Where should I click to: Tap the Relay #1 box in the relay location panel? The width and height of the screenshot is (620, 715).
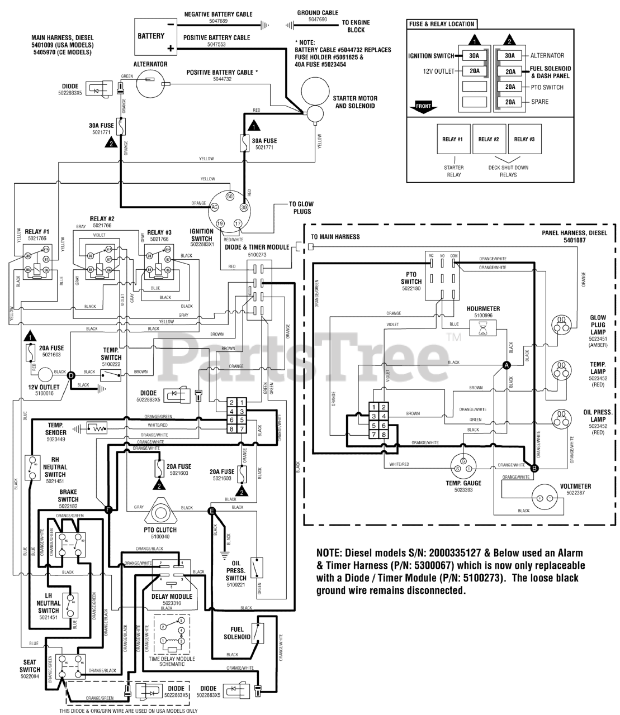tap(452, 139)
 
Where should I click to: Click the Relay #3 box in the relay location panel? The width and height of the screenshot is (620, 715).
tap(524, 139)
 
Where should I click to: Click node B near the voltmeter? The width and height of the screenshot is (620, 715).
tap(534, 468)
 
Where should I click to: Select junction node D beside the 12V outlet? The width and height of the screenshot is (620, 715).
tap(70, 375)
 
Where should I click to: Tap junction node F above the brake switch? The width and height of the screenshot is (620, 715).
tap(109, 509)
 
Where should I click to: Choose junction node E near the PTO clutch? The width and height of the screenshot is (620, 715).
tap(211, 510)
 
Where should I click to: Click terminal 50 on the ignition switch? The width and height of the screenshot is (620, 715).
tap(229, 197)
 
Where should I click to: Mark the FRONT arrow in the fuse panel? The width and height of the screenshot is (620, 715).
tap(424, 106)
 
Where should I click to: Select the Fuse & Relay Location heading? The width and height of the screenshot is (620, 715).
tap(442, 24)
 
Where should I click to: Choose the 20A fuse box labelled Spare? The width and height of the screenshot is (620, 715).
tap(509, 102)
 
